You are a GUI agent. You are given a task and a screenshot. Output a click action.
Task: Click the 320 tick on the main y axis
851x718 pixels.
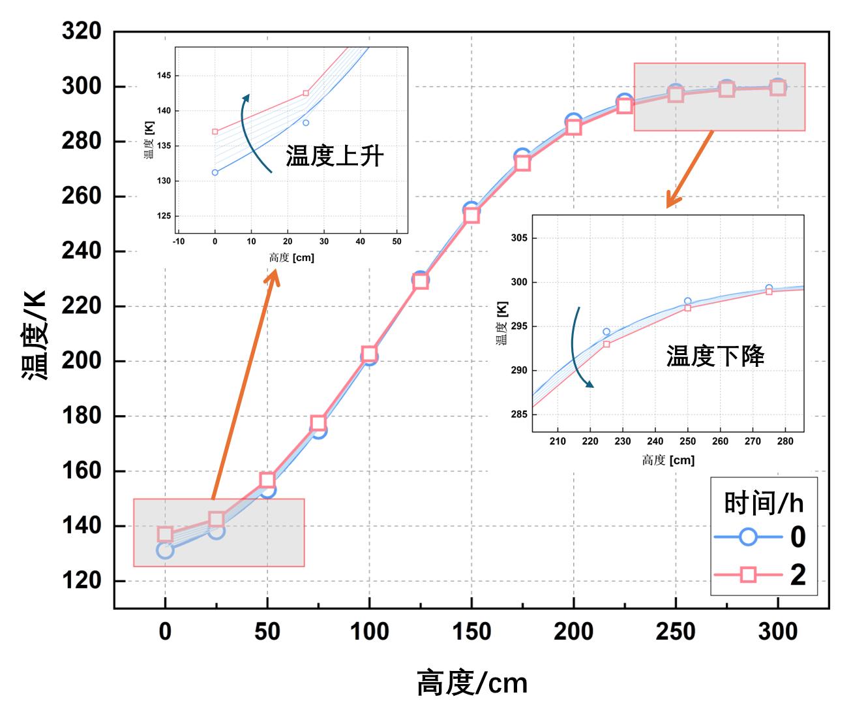[x=82, y=31]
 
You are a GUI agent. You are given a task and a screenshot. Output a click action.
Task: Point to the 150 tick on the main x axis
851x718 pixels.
[x=471, y=631]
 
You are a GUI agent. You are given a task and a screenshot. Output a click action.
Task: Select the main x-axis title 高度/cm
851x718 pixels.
[x=471, y=683]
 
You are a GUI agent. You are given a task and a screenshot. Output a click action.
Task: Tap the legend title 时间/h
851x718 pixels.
[x=764, y=503]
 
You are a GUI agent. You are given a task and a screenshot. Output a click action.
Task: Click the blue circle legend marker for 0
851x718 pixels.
[x=748, y=537]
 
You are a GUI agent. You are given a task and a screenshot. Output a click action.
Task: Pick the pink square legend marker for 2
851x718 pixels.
[x=748, y=574]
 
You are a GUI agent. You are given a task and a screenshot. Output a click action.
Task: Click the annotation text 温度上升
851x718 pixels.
[x=335, y=157]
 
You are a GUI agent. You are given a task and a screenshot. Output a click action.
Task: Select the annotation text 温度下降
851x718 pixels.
[x=715, y=356]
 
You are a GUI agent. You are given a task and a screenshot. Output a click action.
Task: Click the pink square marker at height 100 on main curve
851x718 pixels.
[x=369, y=355]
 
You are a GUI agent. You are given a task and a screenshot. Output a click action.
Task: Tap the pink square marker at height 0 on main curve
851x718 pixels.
[x=165, y=535]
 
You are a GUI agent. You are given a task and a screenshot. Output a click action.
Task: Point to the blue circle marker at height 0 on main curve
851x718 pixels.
[x=165, y=550]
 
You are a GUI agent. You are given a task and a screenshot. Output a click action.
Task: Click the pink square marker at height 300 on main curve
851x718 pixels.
[x=777, y=87]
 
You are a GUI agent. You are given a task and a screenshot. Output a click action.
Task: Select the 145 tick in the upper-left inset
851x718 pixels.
[x=163, y=76]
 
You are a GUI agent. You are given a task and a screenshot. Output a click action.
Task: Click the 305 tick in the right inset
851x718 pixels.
[x=519, y=238]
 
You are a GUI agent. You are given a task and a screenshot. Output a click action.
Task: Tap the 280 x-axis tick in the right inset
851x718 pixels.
[x=785, y=441]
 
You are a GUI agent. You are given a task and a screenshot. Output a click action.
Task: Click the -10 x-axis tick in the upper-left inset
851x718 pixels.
[x=179, y=242]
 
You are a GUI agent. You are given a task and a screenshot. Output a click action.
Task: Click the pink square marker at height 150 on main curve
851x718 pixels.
[x=471, y=215]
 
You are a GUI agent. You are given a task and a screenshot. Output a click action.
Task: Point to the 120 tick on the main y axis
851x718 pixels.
[x=82, y=580]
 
